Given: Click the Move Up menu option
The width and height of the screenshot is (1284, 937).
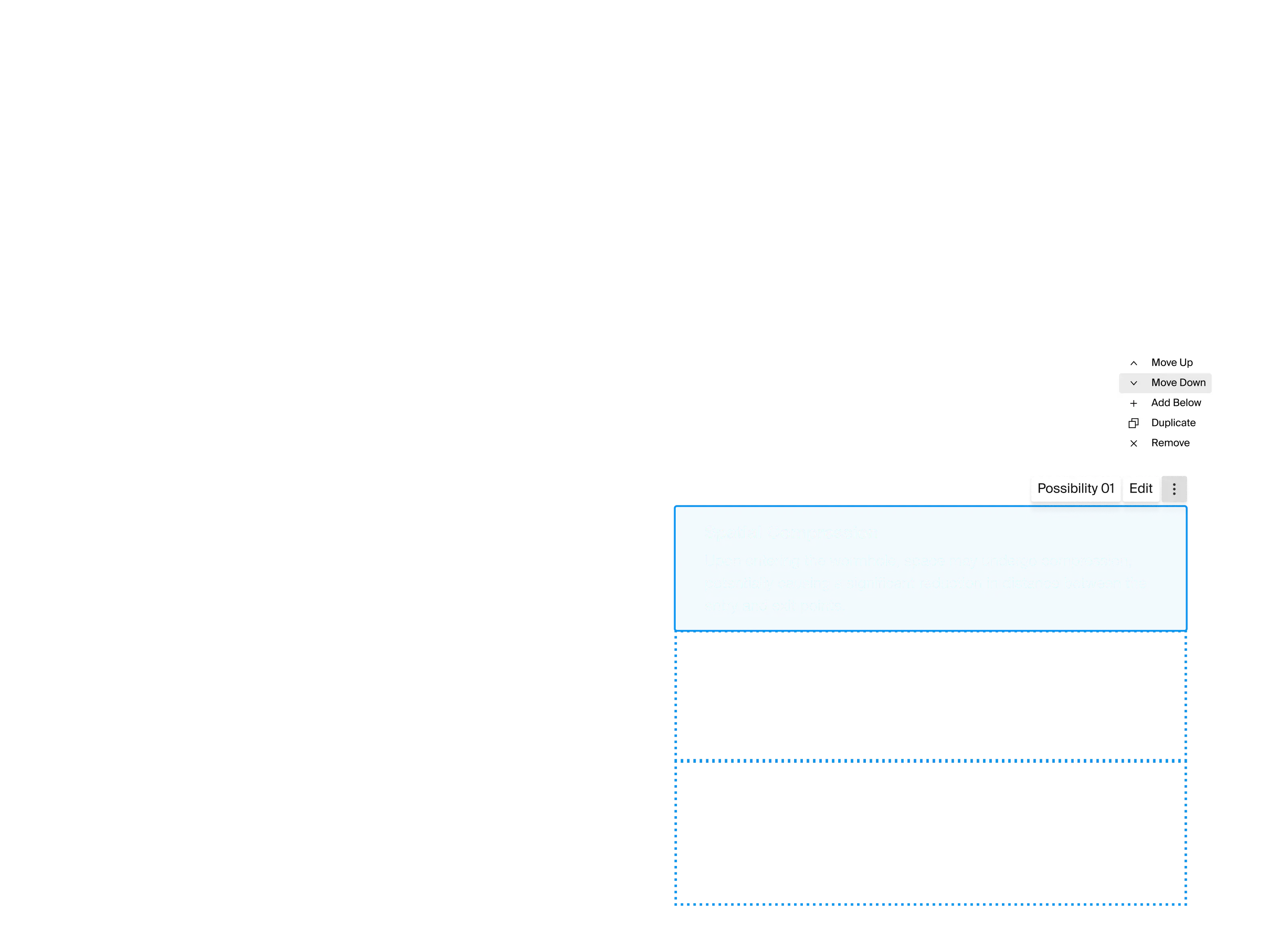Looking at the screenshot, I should click(x=1171, y=363).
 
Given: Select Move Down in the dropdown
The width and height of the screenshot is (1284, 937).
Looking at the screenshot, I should click(x=1178, y=383).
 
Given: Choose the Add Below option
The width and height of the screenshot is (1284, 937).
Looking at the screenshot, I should click(x=1176, y=403).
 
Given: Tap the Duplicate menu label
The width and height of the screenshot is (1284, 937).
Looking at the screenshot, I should click(x=1173, y=423).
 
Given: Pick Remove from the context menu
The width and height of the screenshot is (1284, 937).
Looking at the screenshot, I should click(x=1170, y=443).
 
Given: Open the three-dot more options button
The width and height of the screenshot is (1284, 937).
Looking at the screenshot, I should click(x=1174, y=489).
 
